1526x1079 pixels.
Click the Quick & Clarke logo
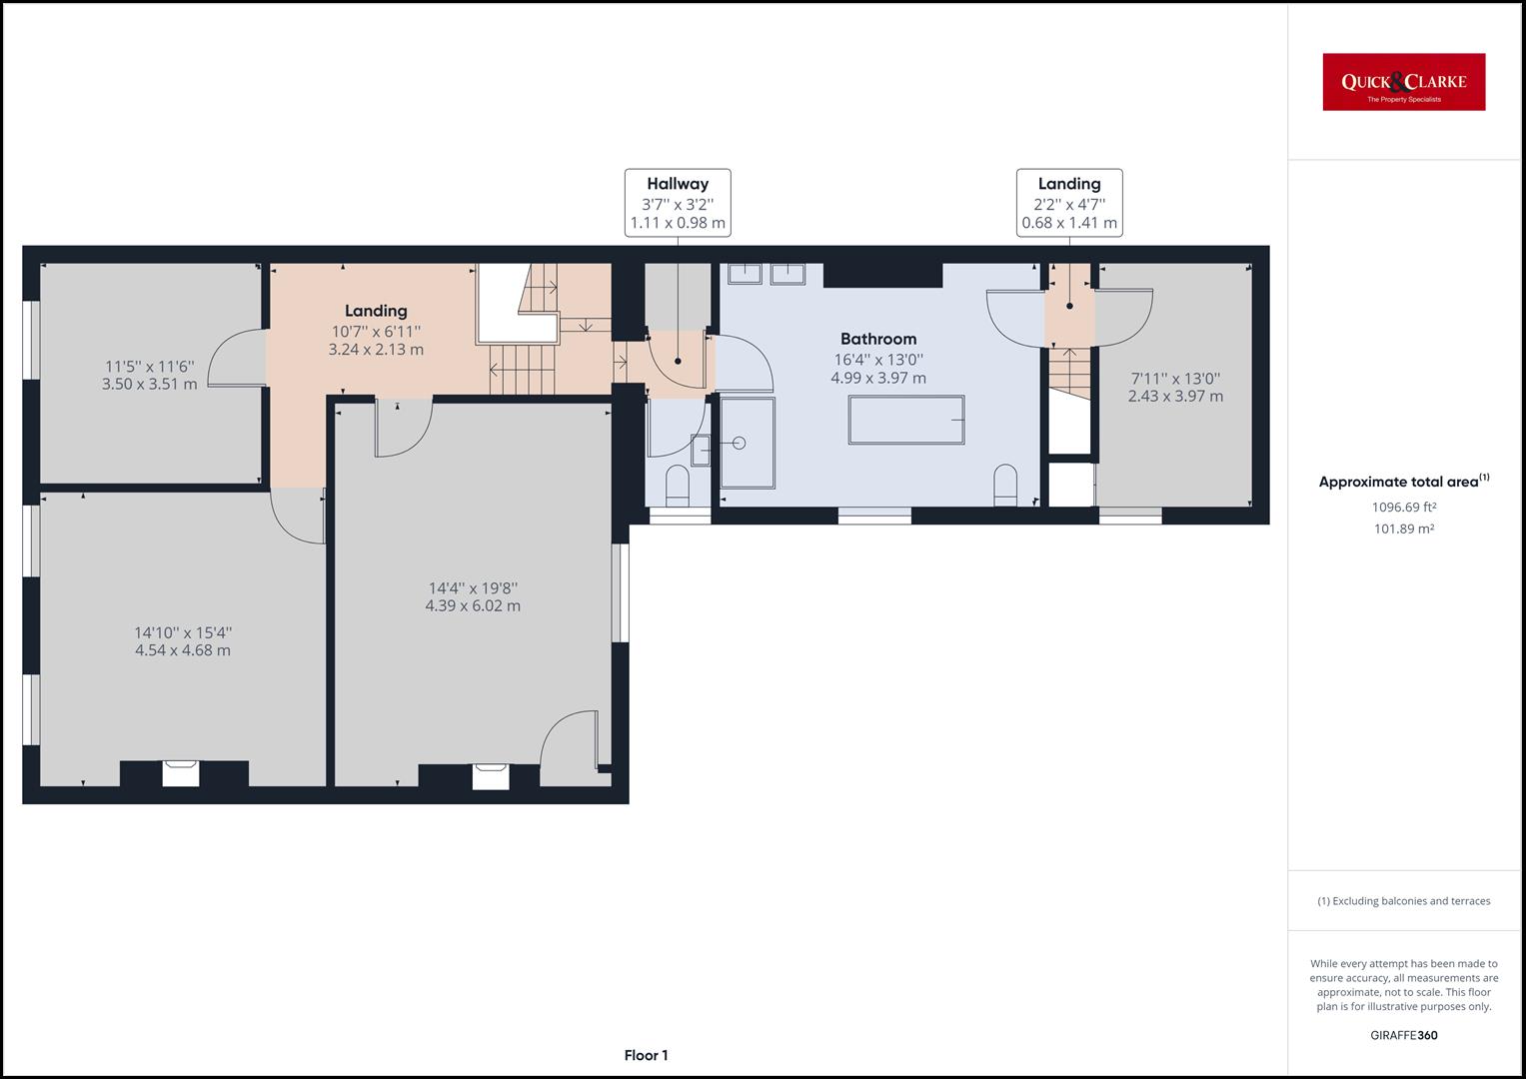1403,82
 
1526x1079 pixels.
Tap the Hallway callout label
678,203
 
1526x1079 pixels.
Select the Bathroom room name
877,339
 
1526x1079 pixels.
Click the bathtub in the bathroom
906,420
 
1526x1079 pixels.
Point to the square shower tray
748,443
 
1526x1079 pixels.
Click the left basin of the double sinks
745,273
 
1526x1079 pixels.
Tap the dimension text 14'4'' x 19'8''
473,588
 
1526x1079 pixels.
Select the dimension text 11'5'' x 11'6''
150,367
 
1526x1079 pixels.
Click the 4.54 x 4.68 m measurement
183,650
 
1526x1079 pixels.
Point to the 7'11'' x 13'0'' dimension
1175,379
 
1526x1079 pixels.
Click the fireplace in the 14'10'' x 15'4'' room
181,772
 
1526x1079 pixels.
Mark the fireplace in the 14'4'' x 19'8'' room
491,775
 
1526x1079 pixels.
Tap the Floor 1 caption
646,1055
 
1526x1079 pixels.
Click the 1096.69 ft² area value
1403,507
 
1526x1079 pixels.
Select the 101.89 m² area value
1403,530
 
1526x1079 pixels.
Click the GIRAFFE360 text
1403,1035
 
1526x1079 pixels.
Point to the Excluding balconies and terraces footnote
1403,901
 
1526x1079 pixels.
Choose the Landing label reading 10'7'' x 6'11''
376,331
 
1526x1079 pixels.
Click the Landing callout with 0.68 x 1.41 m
1069,203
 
